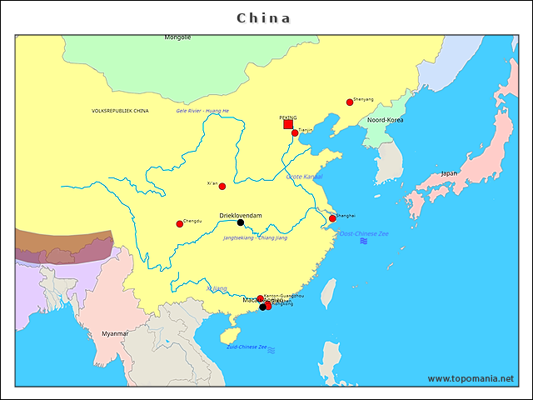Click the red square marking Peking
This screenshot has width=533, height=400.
[x=288, y=124]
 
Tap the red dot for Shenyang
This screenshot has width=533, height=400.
[x=350, y=102]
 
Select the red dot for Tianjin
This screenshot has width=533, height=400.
[x=295, y=132]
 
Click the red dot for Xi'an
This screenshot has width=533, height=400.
[x=222, y=187]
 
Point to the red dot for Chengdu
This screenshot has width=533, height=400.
[x=179, y=223]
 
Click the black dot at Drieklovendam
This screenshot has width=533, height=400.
[x=241, y=222]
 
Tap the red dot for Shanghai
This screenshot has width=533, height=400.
[x=332, y=219]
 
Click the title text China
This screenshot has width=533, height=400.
[x=264, y=17]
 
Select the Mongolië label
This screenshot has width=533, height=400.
[x=177, y=37]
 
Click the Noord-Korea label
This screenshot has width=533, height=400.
[x=386, y=120]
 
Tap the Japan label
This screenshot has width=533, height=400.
[x=449, y=173]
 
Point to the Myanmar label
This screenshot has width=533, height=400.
[x=115, y=333]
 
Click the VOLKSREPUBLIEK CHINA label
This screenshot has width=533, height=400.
[x=121, y=111]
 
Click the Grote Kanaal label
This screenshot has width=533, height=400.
[x=304, y=177]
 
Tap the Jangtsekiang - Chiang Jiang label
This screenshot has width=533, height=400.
[x=255, y=238]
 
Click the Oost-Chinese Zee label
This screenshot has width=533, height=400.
[x=364, y=234]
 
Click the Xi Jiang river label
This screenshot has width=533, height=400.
[x=217, y=288]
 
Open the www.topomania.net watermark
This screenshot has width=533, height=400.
[x=471, y=379]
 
